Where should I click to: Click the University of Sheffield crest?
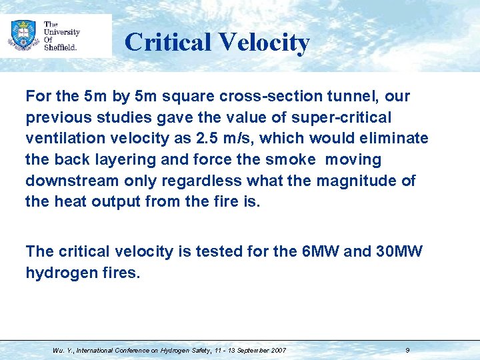[23, 35]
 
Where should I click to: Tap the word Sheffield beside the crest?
[61, 47]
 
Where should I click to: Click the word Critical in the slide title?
[167, 42]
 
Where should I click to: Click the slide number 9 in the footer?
[407, 350]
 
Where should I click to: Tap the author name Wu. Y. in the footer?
[64, 350]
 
